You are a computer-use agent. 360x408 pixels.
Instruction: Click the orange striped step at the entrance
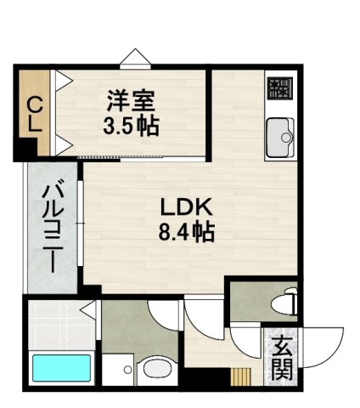(243, 377)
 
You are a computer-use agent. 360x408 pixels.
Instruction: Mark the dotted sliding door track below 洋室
(144, 159)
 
